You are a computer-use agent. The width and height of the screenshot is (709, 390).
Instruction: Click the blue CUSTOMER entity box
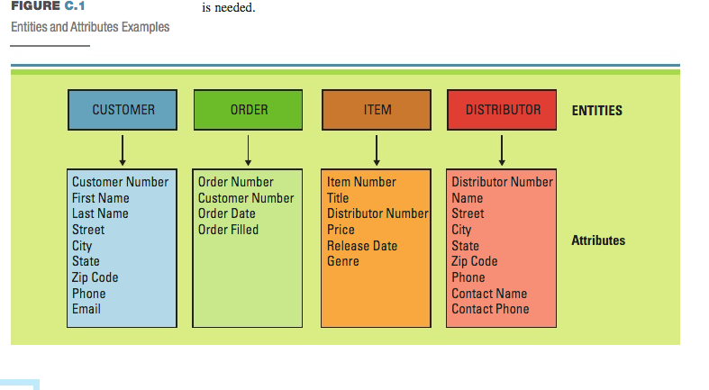click(x=123, y=110)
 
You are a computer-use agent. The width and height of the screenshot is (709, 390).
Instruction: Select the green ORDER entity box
click(x=249, y=110)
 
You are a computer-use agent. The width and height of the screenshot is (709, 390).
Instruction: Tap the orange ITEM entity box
click(x=377, y=110)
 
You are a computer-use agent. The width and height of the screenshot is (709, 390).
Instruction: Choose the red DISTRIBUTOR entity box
click(x=502, y=110)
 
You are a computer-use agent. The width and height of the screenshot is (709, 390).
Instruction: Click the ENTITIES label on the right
click(x=596, y=111)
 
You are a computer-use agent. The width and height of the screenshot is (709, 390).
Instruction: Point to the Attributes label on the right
click(x=598, y=240)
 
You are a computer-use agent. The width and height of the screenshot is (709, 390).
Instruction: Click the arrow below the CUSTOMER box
click(x=123, y=145)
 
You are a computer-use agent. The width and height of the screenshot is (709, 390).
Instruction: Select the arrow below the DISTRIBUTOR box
click(x=502, y=145)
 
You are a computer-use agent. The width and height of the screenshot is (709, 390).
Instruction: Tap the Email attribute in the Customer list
click(x=86, y=309)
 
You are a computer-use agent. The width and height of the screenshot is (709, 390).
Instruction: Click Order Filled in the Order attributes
click(x=228, y=230)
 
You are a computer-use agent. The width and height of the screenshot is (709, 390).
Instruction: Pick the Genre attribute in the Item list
click(x=342, y=261)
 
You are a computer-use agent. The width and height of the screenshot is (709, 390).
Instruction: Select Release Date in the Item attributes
click(x=361, y=246)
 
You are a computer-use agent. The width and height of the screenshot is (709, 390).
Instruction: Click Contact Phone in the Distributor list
click(x=490, y=309)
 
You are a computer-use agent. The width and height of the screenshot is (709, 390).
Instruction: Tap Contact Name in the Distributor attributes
click(x=489, y=294)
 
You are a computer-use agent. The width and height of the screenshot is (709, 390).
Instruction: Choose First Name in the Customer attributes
click(x=100, y=198)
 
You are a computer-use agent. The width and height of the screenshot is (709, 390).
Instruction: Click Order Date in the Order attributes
click(x=226, y=213)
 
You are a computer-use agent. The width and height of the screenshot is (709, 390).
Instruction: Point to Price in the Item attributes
click(x=341, y=230)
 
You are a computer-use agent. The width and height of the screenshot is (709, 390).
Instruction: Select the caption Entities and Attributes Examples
click(x=90, y=27)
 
